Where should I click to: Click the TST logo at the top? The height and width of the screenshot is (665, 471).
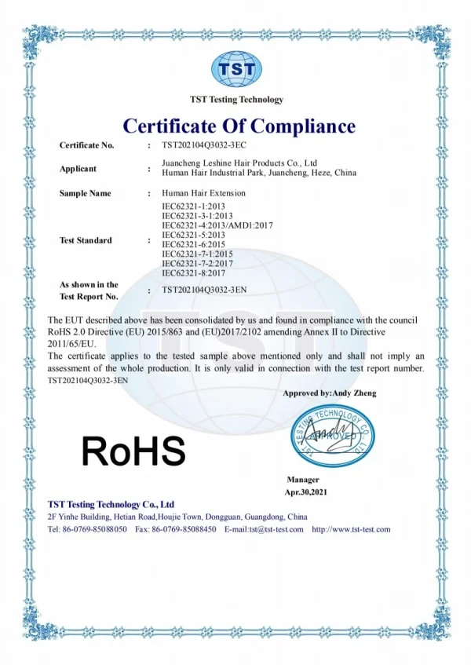tap(236, 69)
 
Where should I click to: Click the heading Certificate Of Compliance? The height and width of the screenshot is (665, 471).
tap(239, 126)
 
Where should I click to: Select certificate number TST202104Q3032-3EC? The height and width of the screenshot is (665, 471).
tap(204, 145)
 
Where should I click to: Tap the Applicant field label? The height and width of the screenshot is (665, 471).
tap(78, 169)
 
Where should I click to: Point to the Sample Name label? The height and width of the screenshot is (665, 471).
tap(85, 193)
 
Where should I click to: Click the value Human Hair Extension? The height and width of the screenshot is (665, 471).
tap(203, 193)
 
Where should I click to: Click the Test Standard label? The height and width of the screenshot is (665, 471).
tap(86, 240)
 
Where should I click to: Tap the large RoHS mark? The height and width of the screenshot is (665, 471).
tap(134, 451)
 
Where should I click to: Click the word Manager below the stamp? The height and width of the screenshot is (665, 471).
tap(303, 480)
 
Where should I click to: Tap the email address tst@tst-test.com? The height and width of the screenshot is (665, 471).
tap(276, 530)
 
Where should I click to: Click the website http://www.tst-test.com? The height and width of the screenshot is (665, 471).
tap(351, 530)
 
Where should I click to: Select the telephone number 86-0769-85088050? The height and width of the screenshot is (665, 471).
tap(94, 530)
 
